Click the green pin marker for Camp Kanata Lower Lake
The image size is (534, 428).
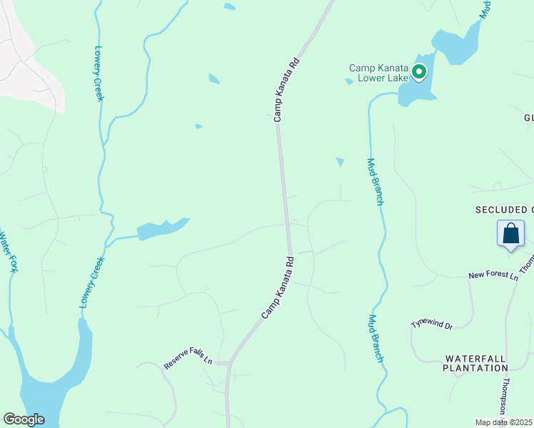click(419, 71)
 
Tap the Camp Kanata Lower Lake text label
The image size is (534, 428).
click(378, 73)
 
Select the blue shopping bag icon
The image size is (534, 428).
click(511, 234)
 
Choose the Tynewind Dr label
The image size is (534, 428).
click(431, 323)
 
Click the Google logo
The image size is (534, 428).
click(24, 419)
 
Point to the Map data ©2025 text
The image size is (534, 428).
click(504, 422)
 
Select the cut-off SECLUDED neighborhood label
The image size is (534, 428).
click(504, 210)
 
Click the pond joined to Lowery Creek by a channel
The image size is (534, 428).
click(162, 228)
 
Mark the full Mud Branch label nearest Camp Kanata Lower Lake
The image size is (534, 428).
click(375, 181)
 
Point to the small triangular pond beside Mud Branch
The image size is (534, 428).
click(340, 162)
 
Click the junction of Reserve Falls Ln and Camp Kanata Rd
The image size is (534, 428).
click(228, 364)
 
